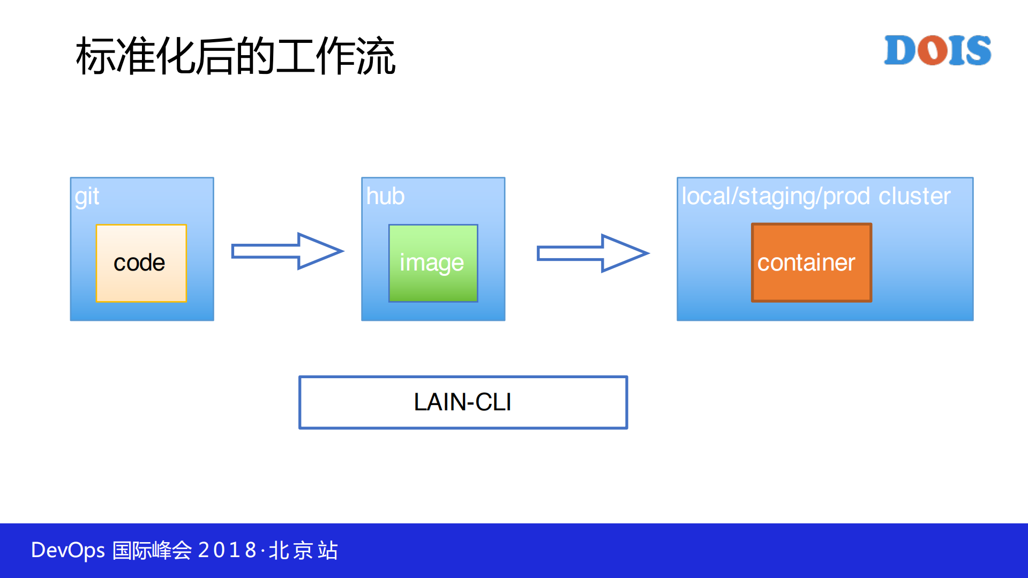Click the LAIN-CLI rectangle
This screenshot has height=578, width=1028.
(x=463, y=402)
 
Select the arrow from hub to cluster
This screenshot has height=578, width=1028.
(x=592, y=253)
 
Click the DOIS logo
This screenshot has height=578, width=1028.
(x=937, y=50)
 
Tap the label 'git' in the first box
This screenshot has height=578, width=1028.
(x=87, y=197)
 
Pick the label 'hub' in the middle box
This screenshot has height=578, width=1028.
(x=385, y=196)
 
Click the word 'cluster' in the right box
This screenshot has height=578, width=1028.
(x=914, y=196)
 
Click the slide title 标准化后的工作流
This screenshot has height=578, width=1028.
(x=236, y=56)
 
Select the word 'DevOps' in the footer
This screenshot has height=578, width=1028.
(x=68, y=550)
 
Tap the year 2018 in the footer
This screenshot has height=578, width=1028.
(x=227, y=550)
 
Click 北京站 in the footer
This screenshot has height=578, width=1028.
(x=303, y=550)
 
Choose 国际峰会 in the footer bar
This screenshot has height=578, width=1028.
(x=152, y=550)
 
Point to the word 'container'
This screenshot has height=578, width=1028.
(x=806, y=262)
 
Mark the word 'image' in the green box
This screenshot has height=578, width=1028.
(x=432, y=263)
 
